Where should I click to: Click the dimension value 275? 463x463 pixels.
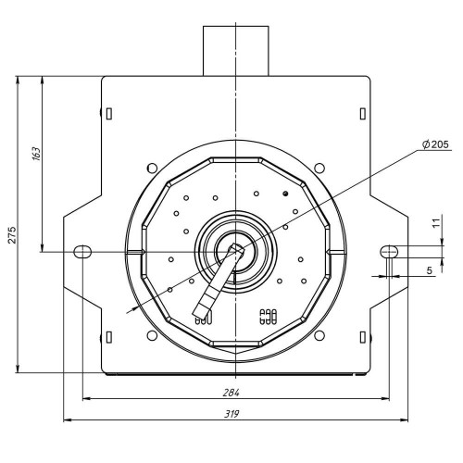point(12,235)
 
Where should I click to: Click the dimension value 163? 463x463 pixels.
point(36,154)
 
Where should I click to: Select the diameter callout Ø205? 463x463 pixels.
point(436,144)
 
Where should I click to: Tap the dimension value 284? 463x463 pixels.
point(231,393)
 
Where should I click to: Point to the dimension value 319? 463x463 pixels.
point(231,414)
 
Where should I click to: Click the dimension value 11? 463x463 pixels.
point(436,223)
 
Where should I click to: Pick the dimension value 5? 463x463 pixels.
point(430,270)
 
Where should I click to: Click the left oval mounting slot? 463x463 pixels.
point(82,252)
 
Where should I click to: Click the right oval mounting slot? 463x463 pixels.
point(389,252)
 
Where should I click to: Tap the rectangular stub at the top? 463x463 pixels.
point(236,51)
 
